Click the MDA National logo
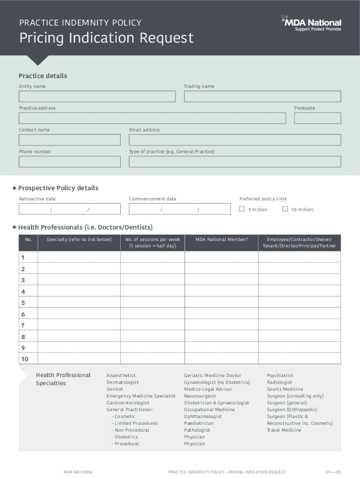coord(311,23)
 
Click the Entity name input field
coord(97,96)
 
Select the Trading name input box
coord(262,96)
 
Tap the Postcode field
coord(317,118)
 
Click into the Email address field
coord(235,140)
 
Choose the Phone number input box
coord(69,161)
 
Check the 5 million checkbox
coord(242,209)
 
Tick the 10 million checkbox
coord(285,209)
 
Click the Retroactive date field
coord(69,209)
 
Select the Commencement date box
coord(180,209)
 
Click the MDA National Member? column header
coord(221,239)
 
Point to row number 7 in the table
coord(23,325)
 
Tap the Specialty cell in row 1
coord(79,257)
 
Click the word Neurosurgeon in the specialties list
coord(200,396)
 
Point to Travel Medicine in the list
coord(284,430)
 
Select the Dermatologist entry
coord(122,382)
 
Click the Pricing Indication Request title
coord(106,38)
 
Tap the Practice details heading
coord(43,76)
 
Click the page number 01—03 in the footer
coord(334,472)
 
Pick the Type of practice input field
coord(235,161)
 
